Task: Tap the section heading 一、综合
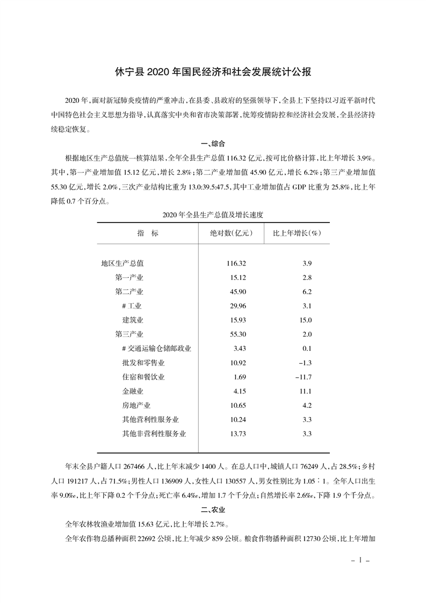213,143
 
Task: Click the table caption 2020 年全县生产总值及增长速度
213,213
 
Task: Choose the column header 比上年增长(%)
297,234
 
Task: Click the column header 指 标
148,234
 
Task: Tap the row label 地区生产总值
122,263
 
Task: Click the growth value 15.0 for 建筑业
306,320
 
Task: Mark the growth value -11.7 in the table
304,377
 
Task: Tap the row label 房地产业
136,405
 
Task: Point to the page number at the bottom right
360,560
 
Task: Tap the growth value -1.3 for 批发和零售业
305,363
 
